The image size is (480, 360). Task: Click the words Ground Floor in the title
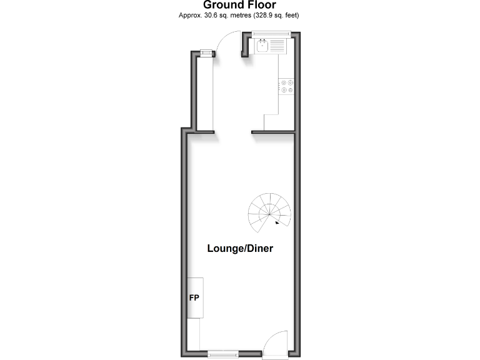[x=239, y=6]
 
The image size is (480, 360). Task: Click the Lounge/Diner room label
[x=240, y=248]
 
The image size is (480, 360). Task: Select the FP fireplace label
[x=194, y=297]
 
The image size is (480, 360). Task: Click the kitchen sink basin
[x=262, y=46]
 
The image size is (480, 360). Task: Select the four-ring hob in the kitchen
[x=287, y=86]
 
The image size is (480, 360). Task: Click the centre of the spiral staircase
[x=270, y=212]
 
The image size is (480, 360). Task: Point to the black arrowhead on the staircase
[x=277, y=221]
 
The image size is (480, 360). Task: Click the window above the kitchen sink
[x=269, y=37]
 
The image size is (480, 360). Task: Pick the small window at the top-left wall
[x=204, y=54]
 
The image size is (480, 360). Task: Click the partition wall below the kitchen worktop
[x=272, y=132]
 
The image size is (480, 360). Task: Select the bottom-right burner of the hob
[x=291, y=90]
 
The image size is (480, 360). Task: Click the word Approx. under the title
[x=189, y=16]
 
